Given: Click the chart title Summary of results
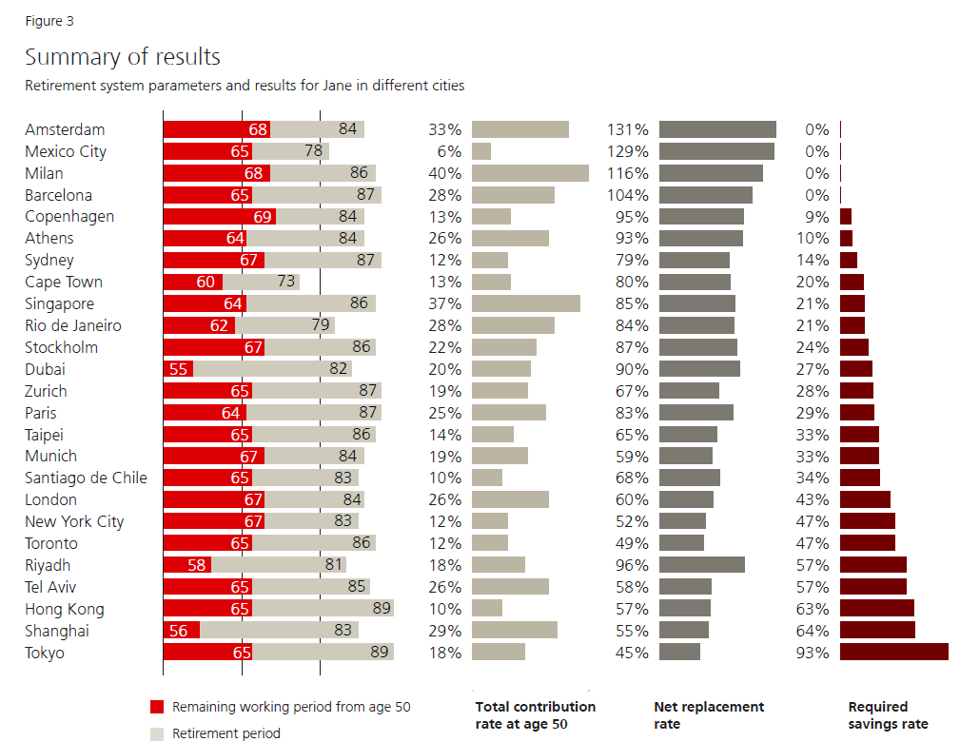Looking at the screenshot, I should (x=123, y=57).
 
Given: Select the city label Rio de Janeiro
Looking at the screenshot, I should (x=73, y=325).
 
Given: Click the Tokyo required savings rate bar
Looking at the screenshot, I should (x=894, y=652).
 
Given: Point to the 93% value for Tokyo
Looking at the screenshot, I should (x=813, y=653).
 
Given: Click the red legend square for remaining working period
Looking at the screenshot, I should (x=157, y=707).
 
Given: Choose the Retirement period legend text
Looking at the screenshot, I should (x=226, y=733).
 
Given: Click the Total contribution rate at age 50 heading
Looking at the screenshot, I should (x=535, y=715).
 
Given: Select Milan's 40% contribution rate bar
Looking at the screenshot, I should (x=530, y=173).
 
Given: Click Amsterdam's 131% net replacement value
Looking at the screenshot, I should (x=628, y=129).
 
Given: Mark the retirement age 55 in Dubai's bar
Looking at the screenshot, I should (x=178, y=369).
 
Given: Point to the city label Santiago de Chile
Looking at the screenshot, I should (x=86, y=478).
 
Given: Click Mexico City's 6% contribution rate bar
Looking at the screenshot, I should (x=481, y=151).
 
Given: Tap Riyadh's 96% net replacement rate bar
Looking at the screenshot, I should (x=702, y=565).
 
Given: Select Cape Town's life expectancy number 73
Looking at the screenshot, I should (x=284, y=282).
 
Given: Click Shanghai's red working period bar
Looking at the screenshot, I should (x=181, y=631).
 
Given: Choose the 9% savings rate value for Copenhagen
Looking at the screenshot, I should (x=816, y=217).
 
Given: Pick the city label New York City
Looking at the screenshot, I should (x=74, y=521).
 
